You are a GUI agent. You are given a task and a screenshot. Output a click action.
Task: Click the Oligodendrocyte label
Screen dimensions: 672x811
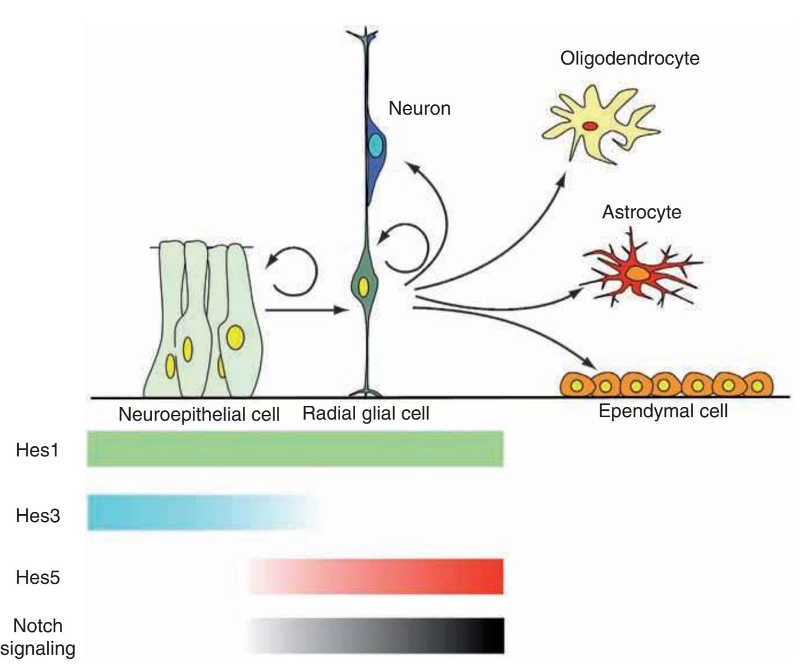630,58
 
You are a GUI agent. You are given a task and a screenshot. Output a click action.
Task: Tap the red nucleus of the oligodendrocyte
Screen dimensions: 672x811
589,125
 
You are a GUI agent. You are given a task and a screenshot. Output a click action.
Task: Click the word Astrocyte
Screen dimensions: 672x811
641,212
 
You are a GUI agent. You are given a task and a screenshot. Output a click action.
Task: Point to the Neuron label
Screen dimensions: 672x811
419,108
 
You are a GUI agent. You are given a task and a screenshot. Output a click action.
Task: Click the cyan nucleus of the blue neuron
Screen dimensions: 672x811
376,145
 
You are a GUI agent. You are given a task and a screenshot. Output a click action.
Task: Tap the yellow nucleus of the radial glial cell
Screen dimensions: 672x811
364,286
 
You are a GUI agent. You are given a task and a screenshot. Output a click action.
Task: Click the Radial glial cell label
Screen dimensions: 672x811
365,413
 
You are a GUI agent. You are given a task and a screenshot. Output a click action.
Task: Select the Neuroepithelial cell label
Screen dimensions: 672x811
199,414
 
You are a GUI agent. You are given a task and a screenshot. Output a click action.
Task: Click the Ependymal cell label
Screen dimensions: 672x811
663,411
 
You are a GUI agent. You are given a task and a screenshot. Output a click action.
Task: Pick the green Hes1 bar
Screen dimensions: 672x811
295,449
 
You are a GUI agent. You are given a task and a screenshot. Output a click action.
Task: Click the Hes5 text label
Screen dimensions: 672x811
37,577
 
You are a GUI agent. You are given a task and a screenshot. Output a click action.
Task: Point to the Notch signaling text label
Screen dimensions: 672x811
37,637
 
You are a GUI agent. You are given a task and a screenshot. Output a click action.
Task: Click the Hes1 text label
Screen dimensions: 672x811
37,450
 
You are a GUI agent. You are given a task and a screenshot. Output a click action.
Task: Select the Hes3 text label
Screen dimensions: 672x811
37,515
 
